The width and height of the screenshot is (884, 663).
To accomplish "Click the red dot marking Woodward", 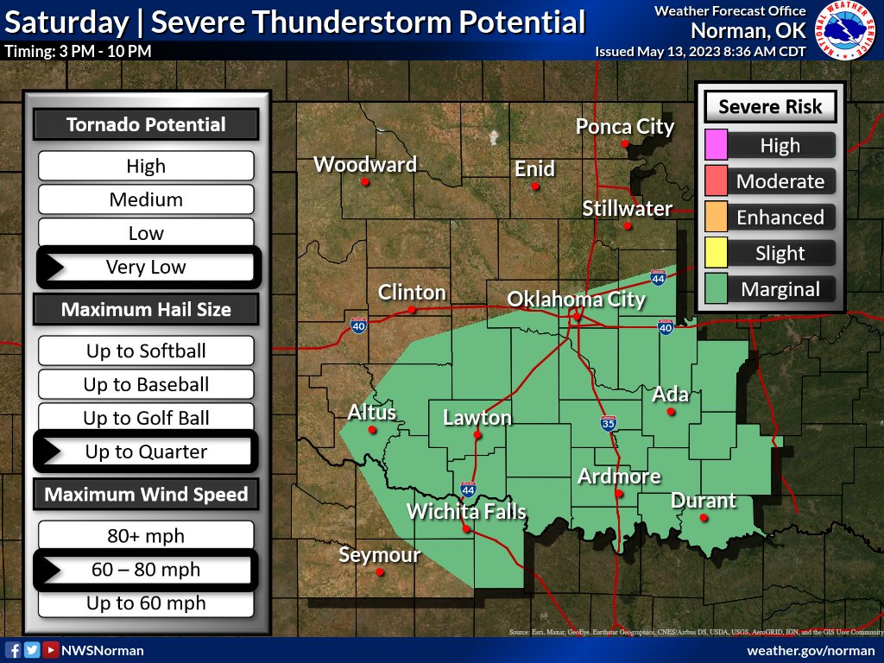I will [366, 182].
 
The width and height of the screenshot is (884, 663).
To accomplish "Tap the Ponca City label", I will [625, 127].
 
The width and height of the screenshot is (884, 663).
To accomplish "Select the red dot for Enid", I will [535, 186].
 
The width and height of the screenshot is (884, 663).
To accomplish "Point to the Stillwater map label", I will [627, 208].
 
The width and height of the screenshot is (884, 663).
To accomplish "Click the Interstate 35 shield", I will [608, 423].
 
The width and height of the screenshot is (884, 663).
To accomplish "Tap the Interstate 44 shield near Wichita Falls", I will [468, 489].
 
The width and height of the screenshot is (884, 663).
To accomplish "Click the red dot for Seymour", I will [380, 571].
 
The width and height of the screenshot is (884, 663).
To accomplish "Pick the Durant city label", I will [704, 500].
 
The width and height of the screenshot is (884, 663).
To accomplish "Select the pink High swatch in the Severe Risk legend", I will [716, 145].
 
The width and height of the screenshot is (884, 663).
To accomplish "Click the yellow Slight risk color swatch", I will [716, 253].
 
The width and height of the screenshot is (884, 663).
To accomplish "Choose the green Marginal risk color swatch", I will [716, 289].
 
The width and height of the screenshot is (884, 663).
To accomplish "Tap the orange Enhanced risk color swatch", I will [716, 217].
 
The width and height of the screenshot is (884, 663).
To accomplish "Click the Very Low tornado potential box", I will [146, 267].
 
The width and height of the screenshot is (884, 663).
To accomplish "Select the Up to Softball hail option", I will [146, 350].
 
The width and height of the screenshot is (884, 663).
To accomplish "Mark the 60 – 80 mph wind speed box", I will [146, 570].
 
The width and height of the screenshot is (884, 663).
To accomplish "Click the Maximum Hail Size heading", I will [146, 309].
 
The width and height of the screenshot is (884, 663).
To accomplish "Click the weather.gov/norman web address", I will [811, 650].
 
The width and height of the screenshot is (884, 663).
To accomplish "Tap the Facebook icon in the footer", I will [13, 650].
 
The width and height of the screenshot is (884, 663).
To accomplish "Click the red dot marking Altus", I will [372, 430].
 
